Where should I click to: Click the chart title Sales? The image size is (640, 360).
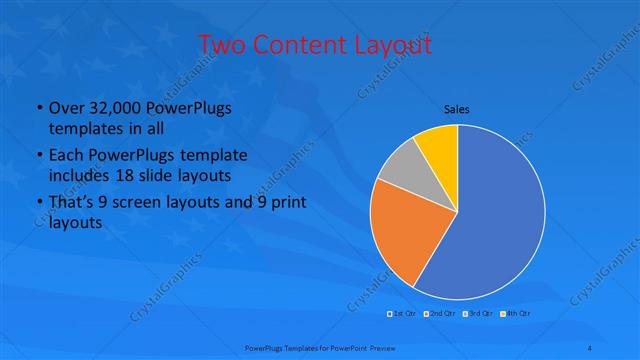[457, 109]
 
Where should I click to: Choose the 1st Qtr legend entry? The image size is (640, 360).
[404, 314]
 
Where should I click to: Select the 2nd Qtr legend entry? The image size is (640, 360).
[441, 314]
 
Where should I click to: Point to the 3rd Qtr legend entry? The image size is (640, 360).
[479, 314]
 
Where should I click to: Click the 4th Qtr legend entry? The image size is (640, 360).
[516, 314]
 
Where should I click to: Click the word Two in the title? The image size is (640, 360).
[222, 45]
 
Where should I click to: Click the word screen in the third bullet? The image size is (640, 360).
[144, 203]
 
